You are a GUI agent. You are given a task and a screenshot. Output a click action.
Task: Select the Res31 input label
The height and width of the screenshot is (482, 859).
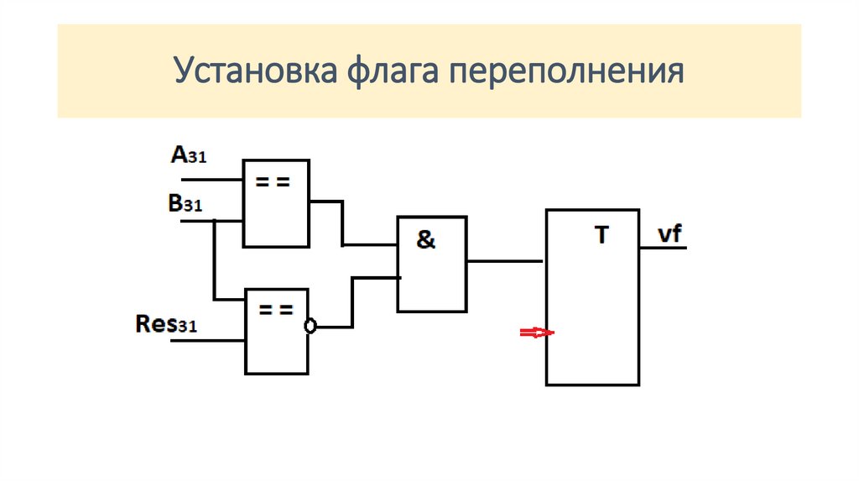click(166, 324)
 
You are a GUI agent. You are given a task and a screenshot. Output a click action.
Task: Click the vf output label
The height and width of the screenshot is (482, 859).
click(669, 234)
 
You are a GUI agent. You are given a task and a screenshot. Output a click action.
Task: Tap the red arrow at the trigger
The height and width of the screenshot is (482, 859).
click(536, 333)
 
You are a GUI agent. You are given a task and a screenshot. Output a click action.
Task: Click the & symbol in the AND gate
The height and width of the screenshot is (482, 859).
click(426, 240)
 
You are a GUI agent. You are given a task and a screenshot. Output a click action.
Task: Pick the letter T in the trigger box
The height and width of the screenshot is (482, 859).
click(601, 236)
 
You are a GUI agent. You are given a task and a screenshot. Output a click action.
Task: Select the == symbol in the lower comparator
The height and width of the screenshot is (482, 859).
click(275, 310)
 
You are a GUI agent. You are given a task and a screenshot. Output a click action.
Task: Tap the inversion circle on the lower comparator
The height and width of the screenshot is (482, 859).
click(310, 327)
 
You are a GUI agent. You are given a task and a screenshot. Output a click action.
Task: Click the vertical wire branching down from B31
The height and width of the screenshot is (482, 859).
click(215, 260)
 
